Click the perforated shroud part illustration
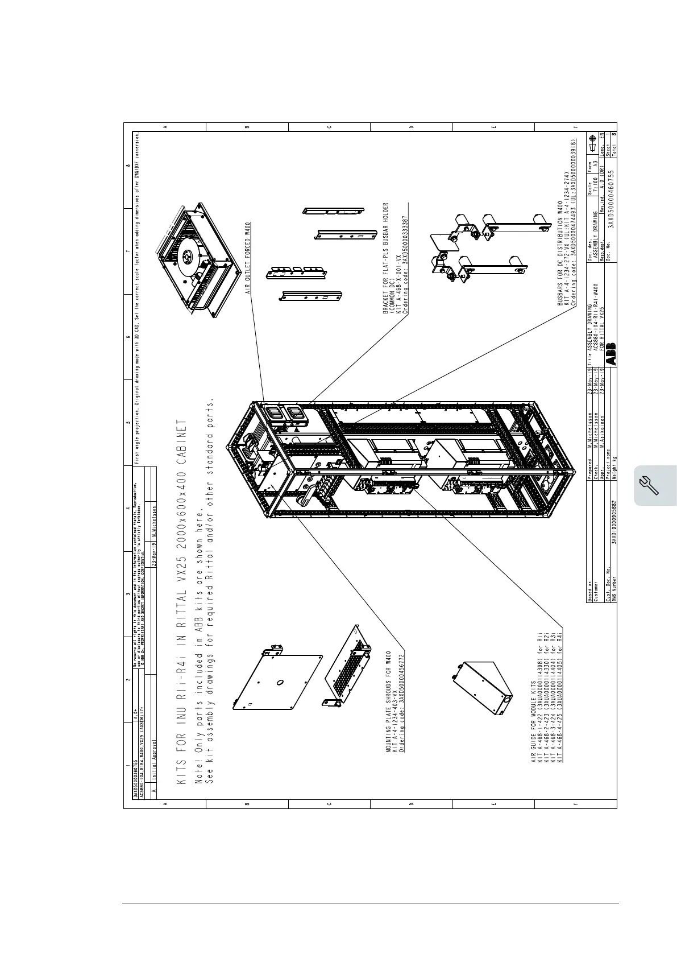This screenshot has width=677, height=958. point(347,666)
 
